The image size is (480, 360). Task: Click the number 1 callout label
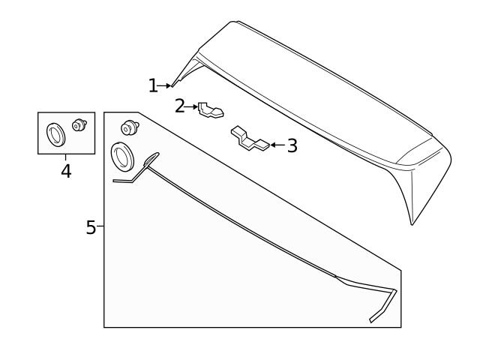coord(152,86)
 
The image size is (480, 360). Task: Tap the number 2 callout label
coord(179,106)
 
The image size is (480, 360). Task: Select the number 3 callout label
coord(292,145)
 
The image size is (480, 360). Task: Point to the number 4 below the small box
coord(66,172)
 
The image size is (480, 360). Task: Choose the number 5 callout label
coord(91,227)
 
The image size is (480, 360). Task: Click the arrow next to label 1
coord(165,86)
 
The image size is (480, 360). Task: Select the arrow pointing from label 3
coord(277,144)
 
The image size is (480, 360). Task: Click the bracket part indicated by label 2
coord(211,111)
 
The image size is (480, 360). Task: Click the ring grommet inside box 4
coord(55,134)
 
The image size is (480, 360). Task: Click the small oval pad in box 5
coord(151,158)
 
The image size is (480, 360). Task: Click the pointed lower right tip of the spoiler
coord(412,223)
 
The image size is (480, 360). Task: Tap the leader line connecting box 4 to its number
coord(66,158)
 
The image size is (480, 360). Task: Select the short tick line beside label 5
coord(100,226)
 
